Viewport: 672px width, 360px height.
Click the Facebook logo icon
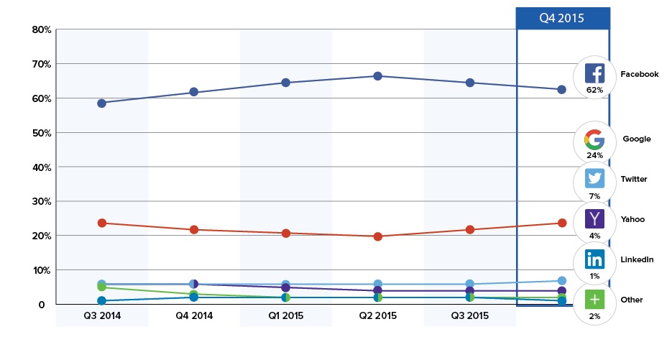(594, 73)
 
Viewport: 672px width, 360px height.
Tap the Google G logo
(594, 138)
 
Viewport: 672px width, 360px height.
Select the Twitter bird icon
(594, 178)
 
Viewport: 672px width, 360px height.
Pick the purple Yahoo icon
(594, 218)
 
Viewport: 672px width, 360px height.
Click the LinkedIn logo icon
(594, 259)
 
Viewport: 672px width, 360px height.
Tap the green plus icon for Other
(594, 299)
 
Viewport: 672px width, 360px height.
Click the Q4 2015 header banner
(563, 18)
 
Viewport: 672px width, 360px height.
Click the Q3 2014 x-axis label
(102, 315)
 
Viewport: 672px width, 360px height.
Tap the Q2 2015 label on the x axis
(378, 315)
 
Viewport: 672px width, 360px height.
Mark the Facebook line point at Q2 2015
(378, 75)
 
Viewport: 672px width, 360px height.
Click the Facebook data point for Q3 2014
(102, 103)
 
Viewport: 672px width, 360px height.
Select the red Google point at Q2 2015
(378, 236)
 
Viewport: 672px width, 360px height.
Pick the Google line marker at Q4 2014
(194, 229)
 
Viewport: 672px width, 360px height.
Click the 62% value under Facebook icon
(594, 90)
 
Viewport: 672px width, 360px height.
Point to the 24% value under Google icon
(594, 154)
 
